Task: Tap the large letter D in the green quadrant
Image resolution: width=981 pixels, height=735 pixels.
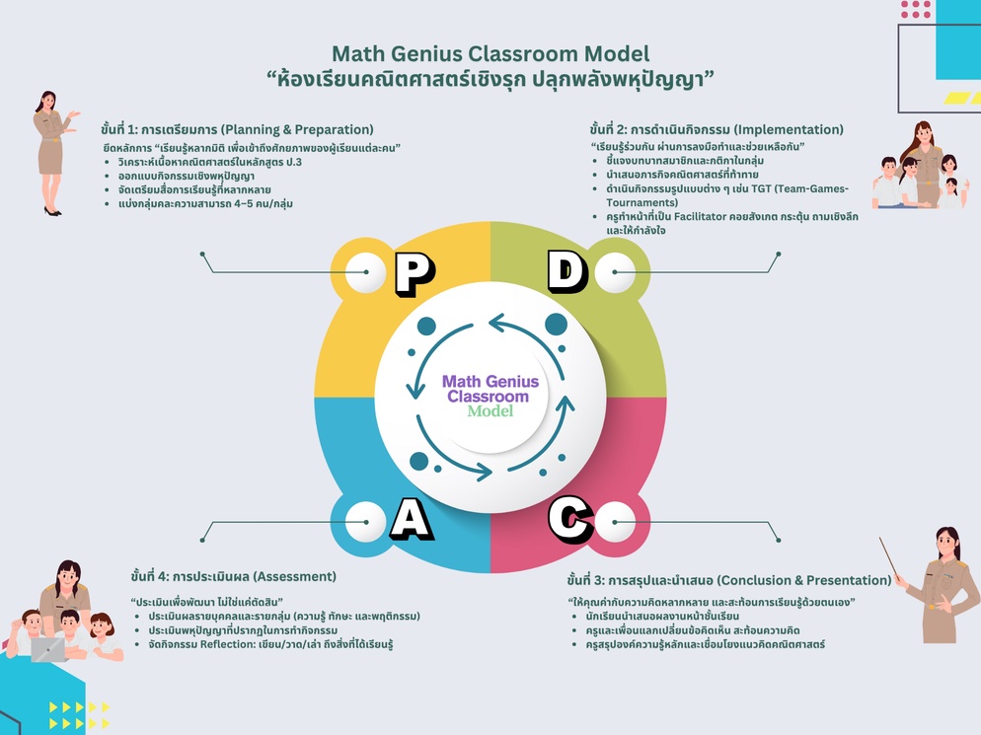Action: [566, 273]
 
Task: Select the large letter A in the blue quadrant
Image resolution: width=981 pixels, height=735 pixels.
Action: [411, 519]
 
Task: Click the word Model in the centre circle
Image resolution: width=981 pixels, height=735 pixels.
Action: [490, 410]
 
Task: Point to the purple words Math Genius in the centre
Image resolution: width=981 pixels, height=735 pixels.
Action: [490, 381]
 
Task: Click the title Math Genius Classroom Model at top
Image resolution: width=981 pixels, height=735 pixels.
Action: [490, 54]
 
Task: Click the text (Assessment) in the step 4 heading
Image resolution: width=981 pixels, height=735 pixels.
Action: [295, 576]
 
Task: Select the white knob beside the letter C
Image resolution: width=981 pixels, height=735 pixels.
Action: [615, 518]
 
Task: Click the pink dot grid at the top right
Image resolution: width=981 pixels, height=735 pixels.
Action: [916, 9]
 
